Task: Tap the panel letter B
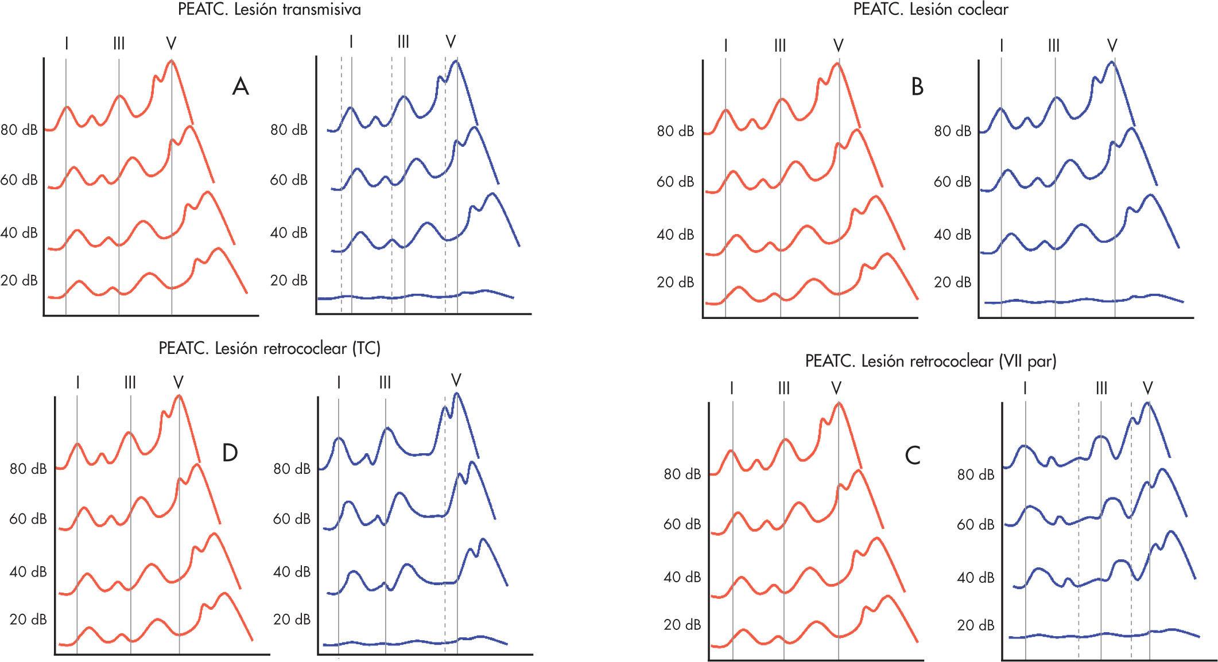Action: point(917,87)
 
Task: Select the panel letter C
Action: point(912,455)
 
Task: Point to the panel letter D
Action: point(230,453)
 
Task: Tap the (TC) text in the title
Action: point(365,348)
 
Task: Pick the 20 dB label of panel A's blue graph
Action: point(289,281)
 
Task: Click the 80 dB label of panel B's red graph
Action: point(676,132)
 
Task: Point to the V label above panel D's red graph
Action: point(179,382)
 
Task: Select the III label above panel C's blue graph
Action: point(1101,388)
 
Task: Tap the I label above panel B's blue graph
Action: point(1002,45)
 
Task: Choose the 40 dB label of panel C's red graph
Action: point(682,577)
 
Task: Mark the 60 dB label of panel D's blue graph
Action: point(292,519)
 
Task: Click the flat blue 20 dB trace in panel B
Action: point(1079,299)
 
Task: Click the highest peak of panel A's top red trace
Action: point(170,61)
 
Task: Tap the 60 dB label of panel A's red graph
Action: point(19,180)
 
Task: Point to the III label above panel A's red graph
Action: point(119,44)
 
